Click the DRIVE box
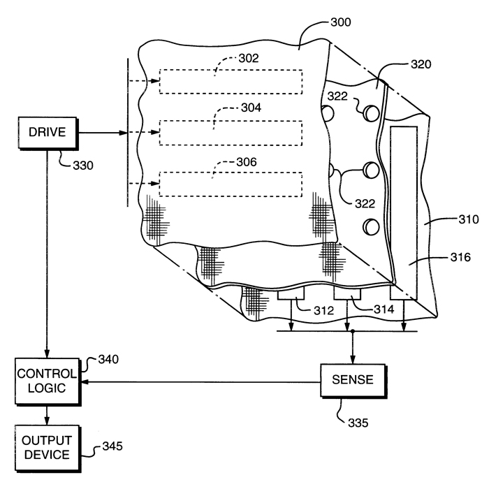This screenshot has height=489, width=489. pos(48,133)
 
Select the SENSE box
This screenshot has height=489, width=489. pos(353,381)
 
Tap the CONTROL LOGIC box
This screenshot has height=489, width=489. pos(48,381)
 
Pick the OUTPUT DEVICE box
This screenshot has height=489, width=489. pos(48,448)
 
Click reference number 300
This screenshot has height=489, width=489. pos(341,22)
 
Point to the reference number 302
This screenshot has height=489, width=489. pos(249,58)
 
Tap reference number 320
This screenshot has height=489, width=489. pos(421,64)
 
